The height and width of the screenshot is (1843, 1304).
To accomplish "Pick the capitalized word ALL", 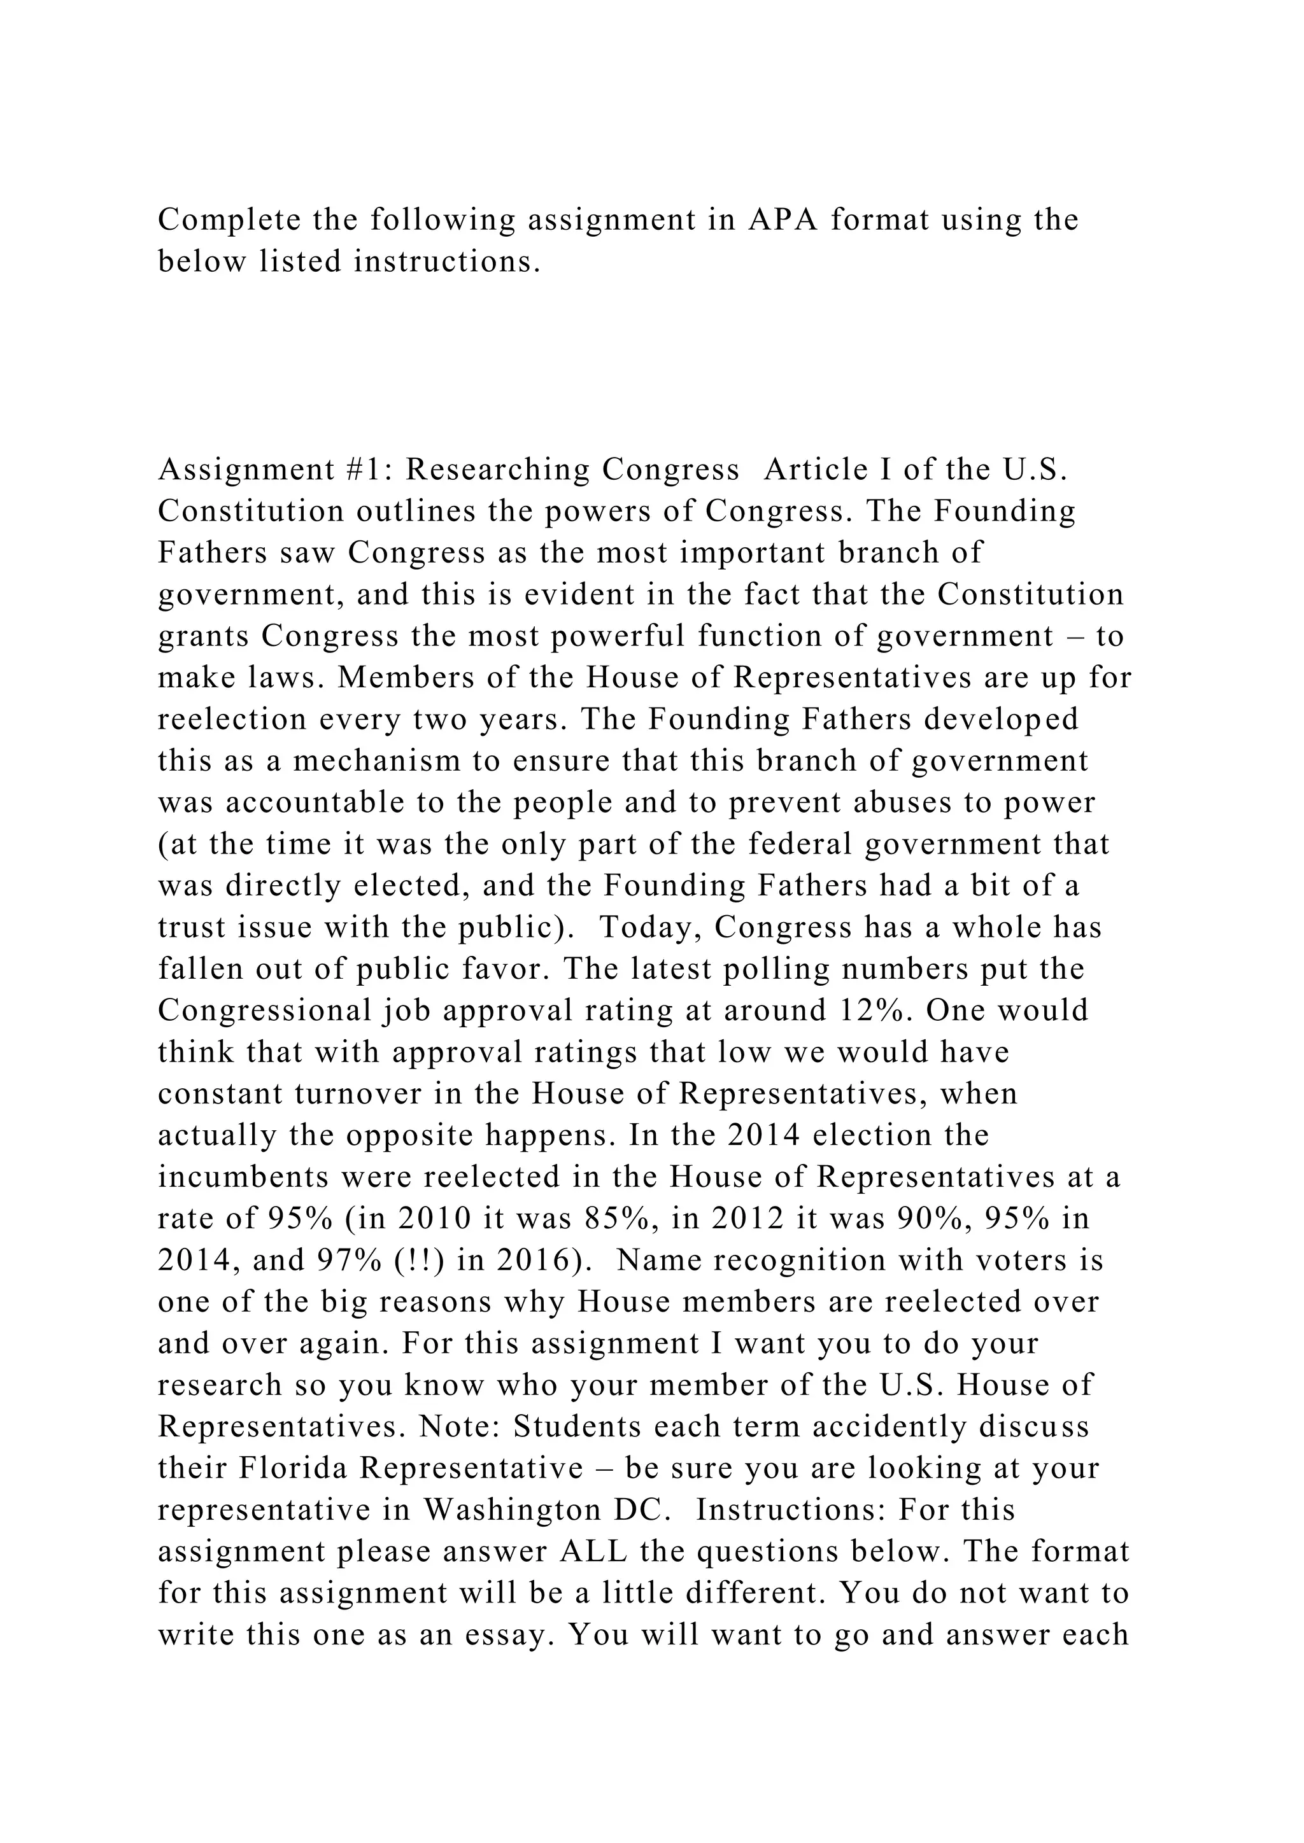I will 593,1552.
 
